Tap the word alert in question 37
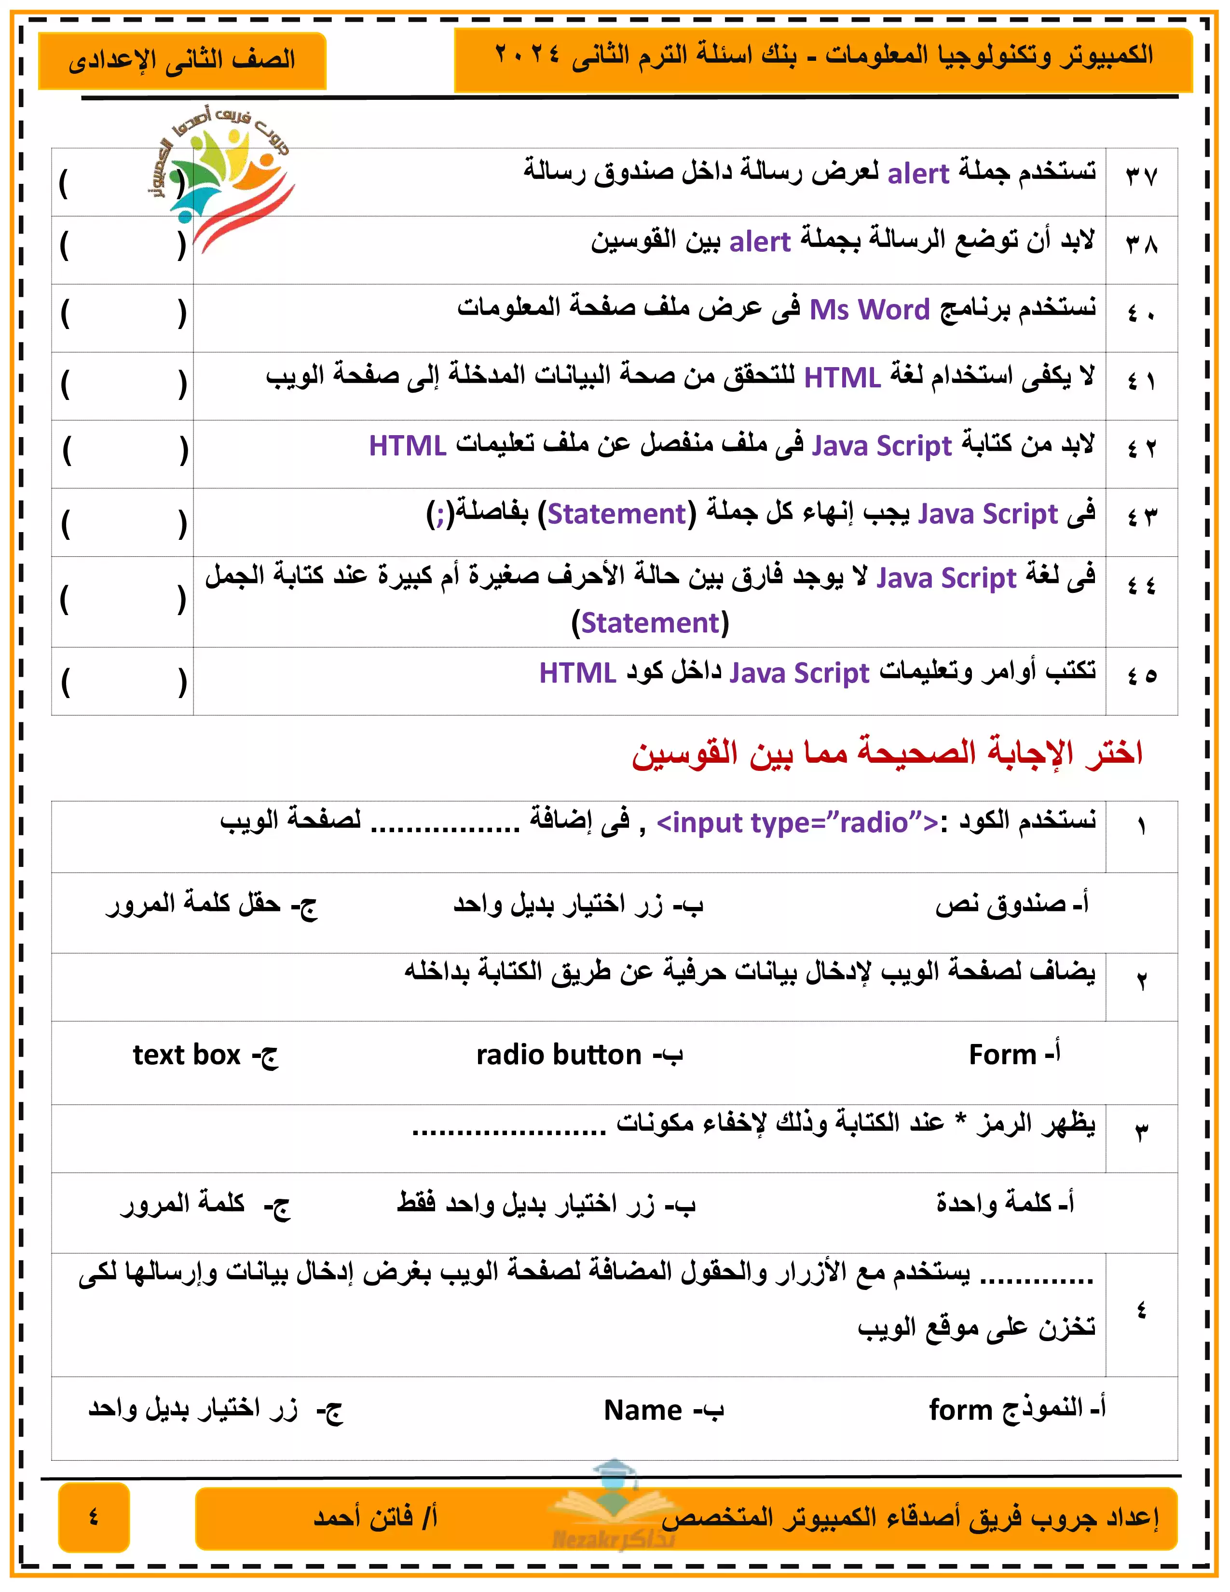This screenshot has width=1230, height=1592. coord(917,174)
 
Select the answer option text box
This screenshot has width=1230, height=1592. coord(205,1055)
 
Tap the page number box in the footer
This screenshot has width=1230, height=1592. coord(94,1517)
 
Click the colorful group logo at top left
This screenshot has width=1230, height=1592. coord(223,178)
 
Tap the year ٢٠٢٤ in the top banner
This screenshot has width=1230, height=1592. coord(527,55)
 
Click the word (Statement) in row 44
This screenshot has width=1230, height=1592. coord(650,623)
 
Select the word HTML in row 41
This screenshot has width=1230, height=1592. coord(842,378)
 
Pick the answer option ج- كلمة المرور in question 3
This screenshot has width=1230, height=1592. coord(205,1204)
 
